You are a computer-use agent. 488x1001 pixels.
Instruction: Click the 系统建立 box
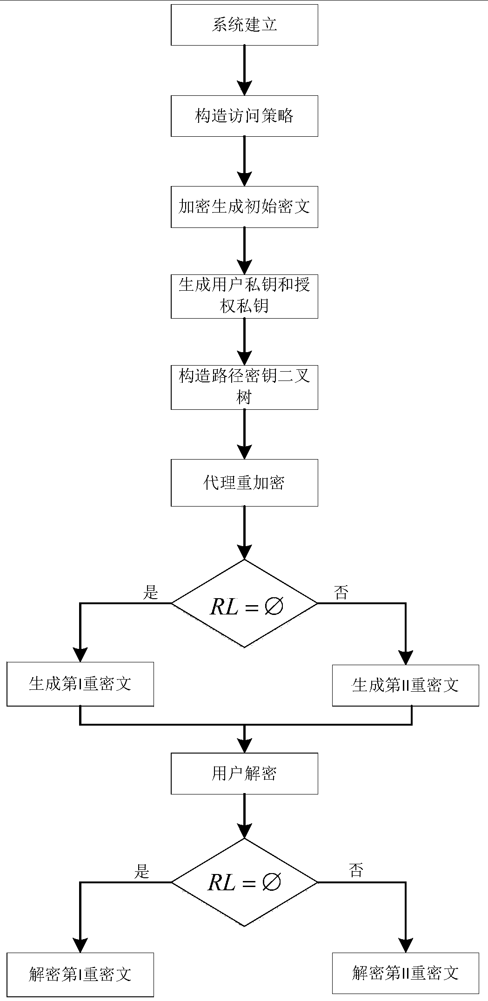click(244, 25)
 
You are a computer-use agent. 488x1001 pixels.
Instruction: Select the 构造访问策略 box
click(244, 116)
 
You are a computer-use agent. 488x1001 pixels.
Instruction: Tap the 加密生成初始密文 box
click(244, 207)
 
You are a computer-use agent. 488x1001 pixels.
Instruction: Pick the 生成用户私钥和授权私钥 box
click(244, 296)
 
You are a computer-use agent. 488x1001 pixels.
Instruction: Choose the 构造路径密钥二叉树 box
click(244, 387)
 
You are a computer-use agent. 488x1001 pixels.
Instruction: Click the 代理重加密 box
click(244, 483)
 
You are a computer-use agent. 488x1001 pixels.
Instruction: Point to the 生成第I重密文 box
click(80, 684)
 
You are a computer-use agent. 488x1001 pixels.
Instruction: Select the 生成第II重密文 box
click(405, 685)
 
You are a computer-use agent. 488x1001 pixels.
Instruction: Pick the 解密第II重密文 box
click(405, 973)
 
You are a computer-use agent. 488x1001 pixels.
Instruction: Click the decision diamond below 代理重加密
click(244, 604)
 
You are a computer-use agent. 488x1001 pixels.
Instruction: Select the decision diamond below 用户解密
click(244, 882)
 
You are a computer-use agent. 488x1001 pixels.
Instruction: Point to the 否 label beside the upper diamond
click(341, 593)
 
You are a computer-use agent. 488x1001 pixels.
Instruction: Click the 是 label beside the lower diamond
click(141, 871)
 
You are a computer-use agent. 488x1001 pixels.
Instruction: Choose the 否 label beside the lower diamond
click(356, 870)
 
